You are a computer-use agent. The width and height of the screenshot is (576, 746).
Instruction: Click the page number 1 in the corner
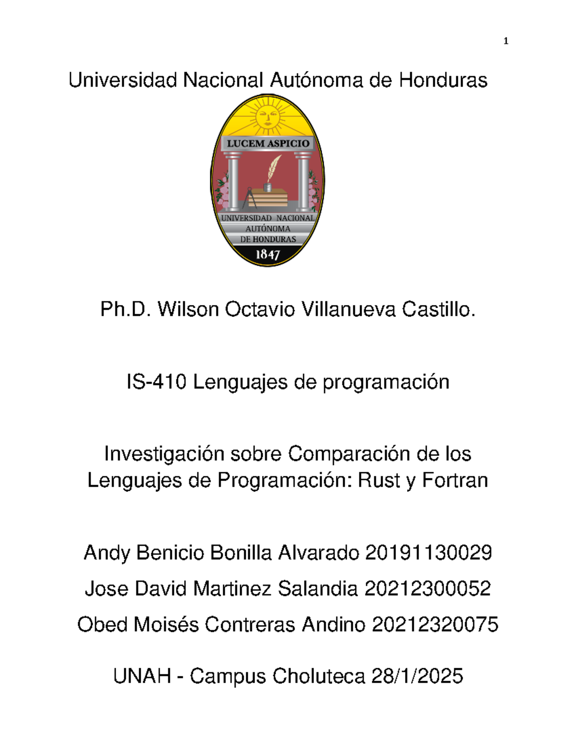pyautogui.click(x=505, y=41)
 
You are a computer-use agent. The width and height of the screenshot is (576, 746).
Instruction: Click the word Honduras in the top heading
pyautogui.click(x=443, y=80)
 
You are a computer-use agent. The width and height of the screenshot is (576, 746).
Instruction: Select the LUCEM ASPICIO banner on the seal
pyautogui.click(x=268, y=143)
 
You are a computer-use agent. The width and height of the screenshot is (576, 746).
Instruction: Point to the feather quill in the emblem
pyautogui.click(x=273, y=169)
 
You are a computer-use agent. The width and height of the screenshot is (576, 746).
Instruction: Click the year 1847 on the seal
pyautogui.click(x=267, y=254)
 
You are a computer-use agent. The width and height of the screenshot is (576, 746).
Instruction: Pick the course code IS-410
pyautogui.click(x=156, y=382)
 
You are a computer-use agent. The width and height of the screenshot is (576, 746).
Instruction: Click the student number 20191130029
pyautogui.click(x=428, y=553)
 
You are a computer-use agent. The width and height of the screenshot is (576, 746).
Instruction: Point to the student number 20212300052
pyautogui.click(x=427, y=589)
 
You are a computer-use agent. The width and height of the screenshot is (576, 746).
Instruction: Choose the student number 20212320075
pyautogui.click(x=435, y=625)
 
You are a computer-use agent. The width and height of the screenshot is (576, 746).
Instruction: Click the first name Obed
pyautogui.click(x=102, y=625)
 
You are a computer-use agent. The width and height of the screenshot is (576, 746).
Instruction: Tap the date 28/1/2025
pyautogui.click(x=417, y=676)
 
